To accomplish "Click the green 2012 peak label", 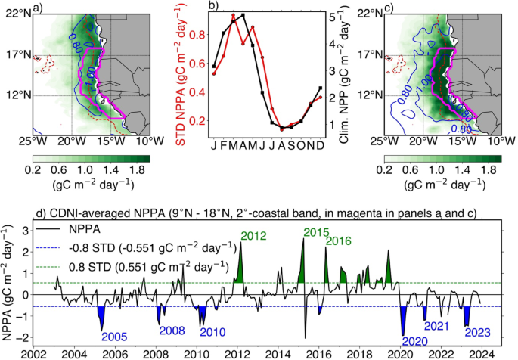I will pyautogui.click(x=254, y=235).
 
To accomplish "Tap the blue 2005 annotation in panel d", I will pyautogui.click(x=115, y=336).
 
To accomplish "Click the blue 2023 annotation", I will pyautogui.click(x=478, y=332).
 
